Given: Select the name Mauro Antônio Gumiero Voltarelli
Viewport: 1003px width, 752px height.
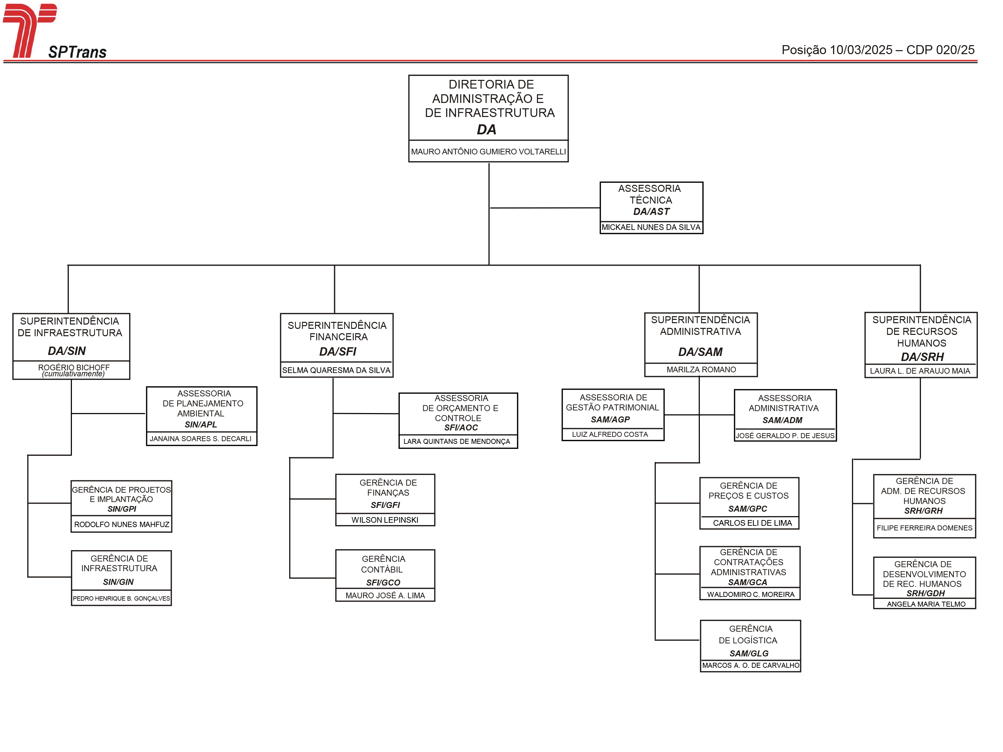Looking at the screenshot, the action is click(488, 152).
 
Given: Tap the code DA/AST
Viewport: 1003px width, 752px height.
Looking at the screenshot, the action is click(651, 212).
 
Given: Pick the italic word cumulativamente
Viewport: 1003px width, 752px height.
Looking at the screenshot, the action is click(73, 374).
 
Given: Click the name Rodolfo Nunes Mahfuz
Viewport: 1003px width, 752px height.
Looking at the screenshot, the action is click(121, 524).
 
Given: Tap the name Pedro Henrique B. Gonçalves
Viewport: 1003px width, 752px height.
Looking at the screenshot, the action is click(121, 598).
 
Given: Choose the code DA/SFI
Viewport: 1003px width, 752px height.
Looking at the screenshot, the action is click(337, 352).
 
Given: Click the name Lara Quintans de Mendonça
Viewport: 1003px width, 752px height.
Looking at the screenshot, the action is click(457, 442).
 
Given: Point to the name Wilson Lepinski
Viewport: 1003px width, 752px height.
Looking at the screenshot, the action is click(385, 520).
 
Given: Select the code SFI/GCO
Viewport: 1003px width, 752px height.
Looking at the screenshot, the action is click(383, 583).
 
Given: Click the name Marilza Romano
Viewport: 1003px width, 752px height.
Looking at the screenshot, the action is click(701, 370).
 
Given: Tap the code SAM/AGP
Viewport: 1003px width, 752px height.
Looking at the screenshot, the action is click(610, 420).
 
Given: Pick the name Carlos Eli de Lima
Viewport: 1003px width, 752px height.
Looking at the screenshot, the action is click(752, 523).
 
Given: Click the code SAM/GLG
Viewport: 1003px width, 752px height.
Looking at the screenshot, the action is click(749, 654).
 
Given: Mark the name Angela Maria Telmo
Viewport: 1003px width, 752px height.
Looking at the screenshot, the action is click(926, 604).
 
